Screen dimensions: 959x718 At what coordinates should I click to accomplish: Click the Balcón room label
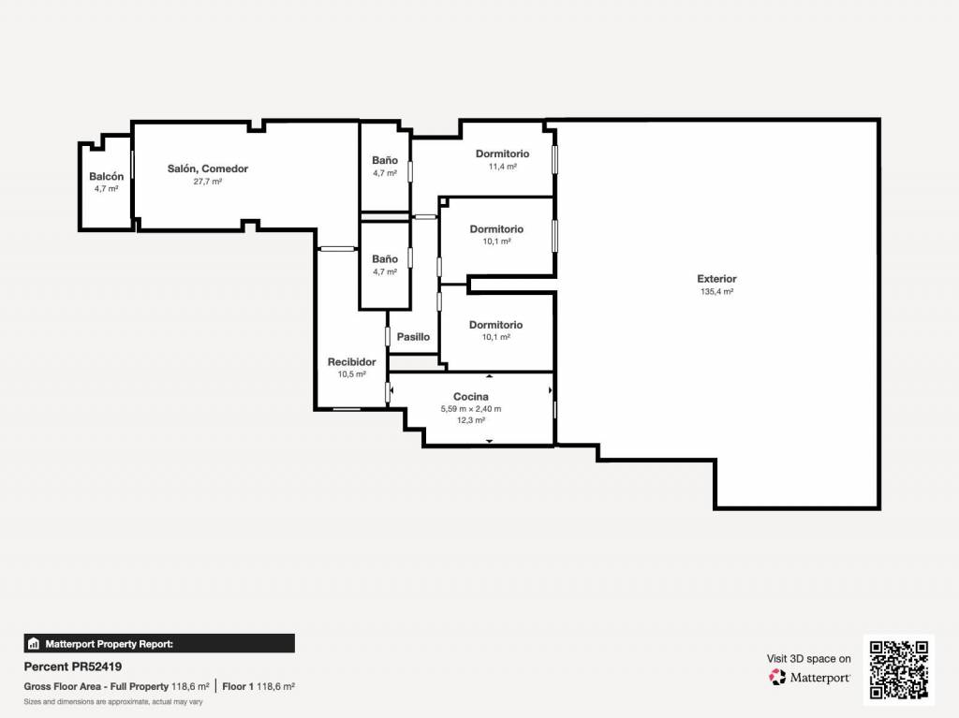tap(107, 176)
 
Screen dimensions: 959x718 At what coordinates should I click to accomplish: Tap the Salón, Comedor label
tap(208, 169)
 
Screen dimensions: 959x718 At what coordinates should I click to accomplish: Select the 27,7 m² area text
tap(208, 182)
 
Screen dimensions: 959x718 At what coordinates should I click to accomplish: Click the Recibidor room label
tap(352, 362)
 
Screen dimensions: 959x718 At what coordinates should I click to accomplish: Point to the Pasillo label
tap(413, 337)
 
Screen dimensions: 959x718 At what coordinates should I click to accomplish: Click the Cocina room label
tap(471, 397)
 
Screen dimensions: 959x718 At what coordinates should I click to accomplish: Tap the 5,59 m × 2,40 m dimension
tap(471, 409)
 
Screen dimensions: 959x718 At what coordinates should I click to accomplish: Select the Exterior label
tap(716, 279)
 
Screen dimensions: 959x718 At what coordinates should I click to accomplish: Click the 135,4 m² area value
tap(716, 292)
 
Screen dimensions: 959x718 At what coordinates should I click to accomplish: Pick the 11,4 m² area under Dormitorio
tap(503, 167)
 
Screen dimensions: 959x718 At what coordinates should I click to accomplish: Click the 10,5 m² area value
tap(352, 374)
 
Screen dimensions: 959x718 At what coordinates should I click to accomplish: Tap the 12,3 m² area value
tap(471, 420)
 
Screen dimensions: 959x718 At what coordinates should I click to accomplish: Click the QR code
tap(899, 669)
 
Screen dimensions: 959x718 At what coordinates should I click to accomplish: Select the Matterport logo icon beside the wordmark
tap(777, 677)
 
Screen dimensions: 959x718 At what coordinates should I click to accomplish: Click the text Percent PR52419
tap(73, 667)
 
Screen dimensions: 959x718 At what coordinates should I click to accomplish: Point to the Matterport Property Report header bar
tap(159, 643)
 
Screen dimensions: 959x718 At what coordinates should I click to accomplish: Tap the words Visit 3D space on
tap(808, 659)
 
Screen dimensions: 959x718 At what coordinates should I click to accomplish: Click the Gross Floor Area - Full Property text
tap(96, 687)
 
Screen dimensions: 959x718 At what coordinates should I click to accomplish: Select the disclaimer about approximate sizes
tap(113, 702)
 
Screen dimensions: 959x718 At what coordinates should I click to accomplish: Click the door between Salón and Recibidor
tap(337, 249)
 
